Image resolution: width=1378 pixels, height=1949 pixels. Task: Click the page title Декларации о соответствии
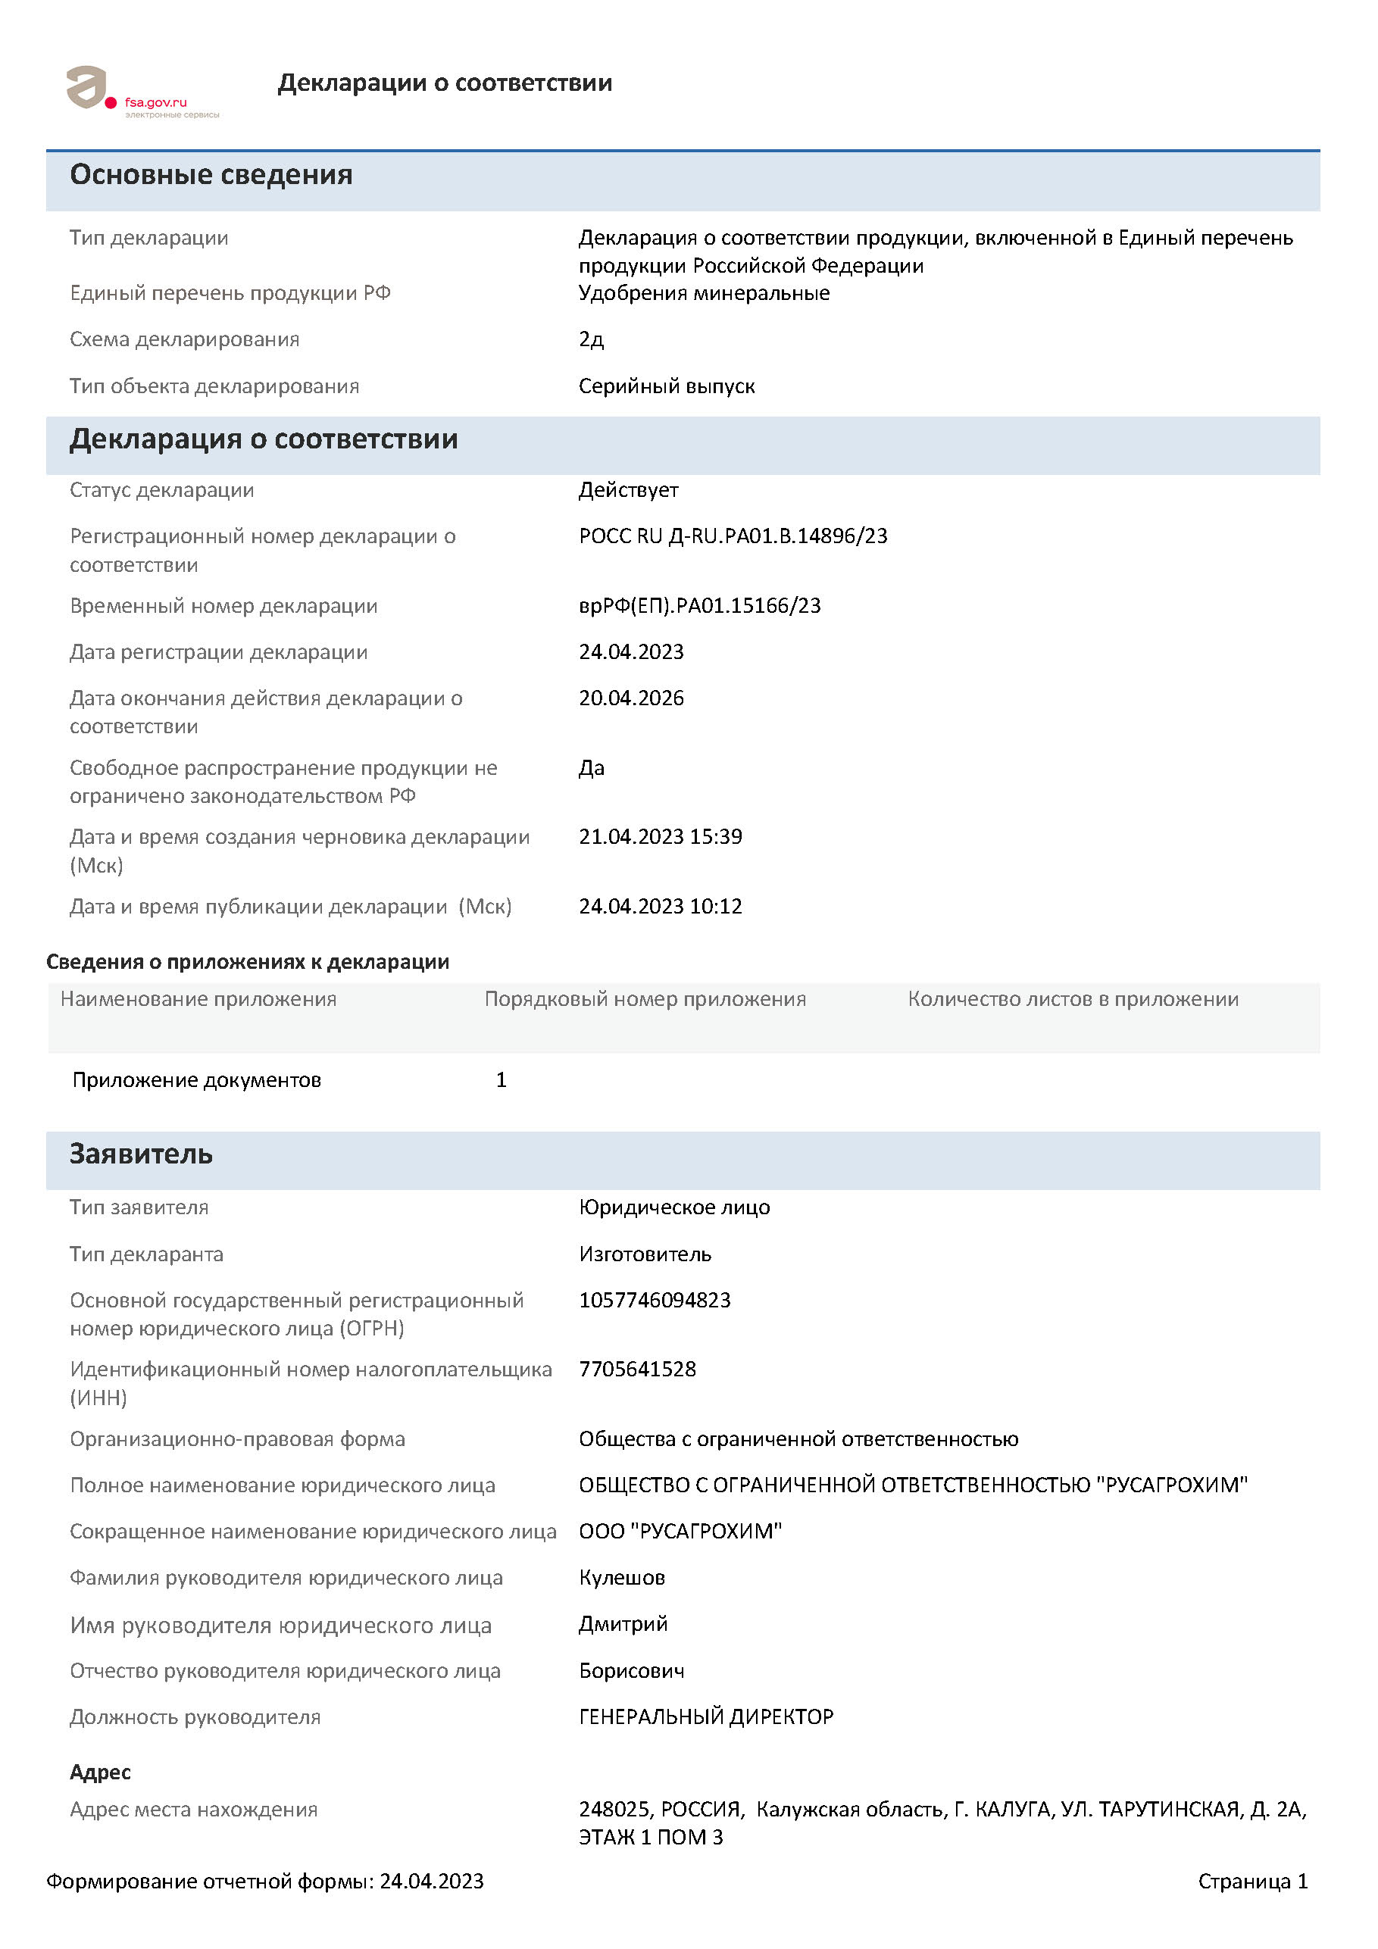coord(444,83)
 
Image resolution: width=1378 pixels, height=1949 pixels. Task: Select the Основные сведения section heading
coord(211,175)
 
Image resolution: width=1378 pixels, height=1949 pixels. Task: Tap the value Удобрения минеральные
coord(704,294)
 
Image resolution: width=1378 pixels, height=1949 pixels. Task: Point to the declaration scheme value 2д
coord(591,339)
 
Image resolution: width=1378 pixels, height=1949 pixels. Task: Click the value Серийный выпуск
coord(667,386)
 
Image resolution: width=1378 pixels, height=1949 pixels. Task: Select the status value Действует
coord(628,490)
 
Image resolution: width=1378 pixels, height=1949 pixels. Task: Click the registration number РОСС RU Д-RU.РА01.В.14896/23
coord(733,536)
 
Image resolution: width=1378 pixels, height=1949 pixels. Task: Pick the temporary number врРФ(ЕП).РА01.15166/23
coord(700,605)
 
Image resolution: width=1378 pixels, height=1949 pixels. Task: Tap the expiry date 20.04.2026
coord(631,698)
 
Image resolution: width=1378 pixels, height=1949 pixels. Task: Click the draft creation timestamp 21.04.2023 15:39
coord(660,836)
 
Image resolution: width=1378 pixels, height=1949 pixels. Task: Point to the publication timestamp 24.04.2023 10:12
coord(660,906)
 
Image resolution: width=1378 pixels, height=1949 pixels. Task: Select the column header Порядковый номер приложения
coord(645,999)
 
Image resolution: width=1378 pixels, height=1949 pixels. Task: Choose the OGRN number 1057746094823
coord(655,1300)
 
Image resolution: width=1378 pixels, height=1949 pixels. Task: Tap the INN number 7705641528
coord(637,1370)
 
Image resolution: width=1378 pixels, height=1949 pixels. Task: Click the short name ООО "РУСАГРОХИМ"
coord(680,1532)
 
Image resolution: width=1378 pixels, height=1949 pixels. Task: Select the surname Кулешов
coord(621,1577)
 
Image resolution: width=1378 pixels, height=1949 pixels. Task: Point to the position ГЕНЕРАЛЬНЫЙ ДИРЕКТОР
coord(705,1716)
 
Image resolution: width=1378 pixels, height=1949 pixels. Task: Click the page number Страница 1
coord(1252,1881)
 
